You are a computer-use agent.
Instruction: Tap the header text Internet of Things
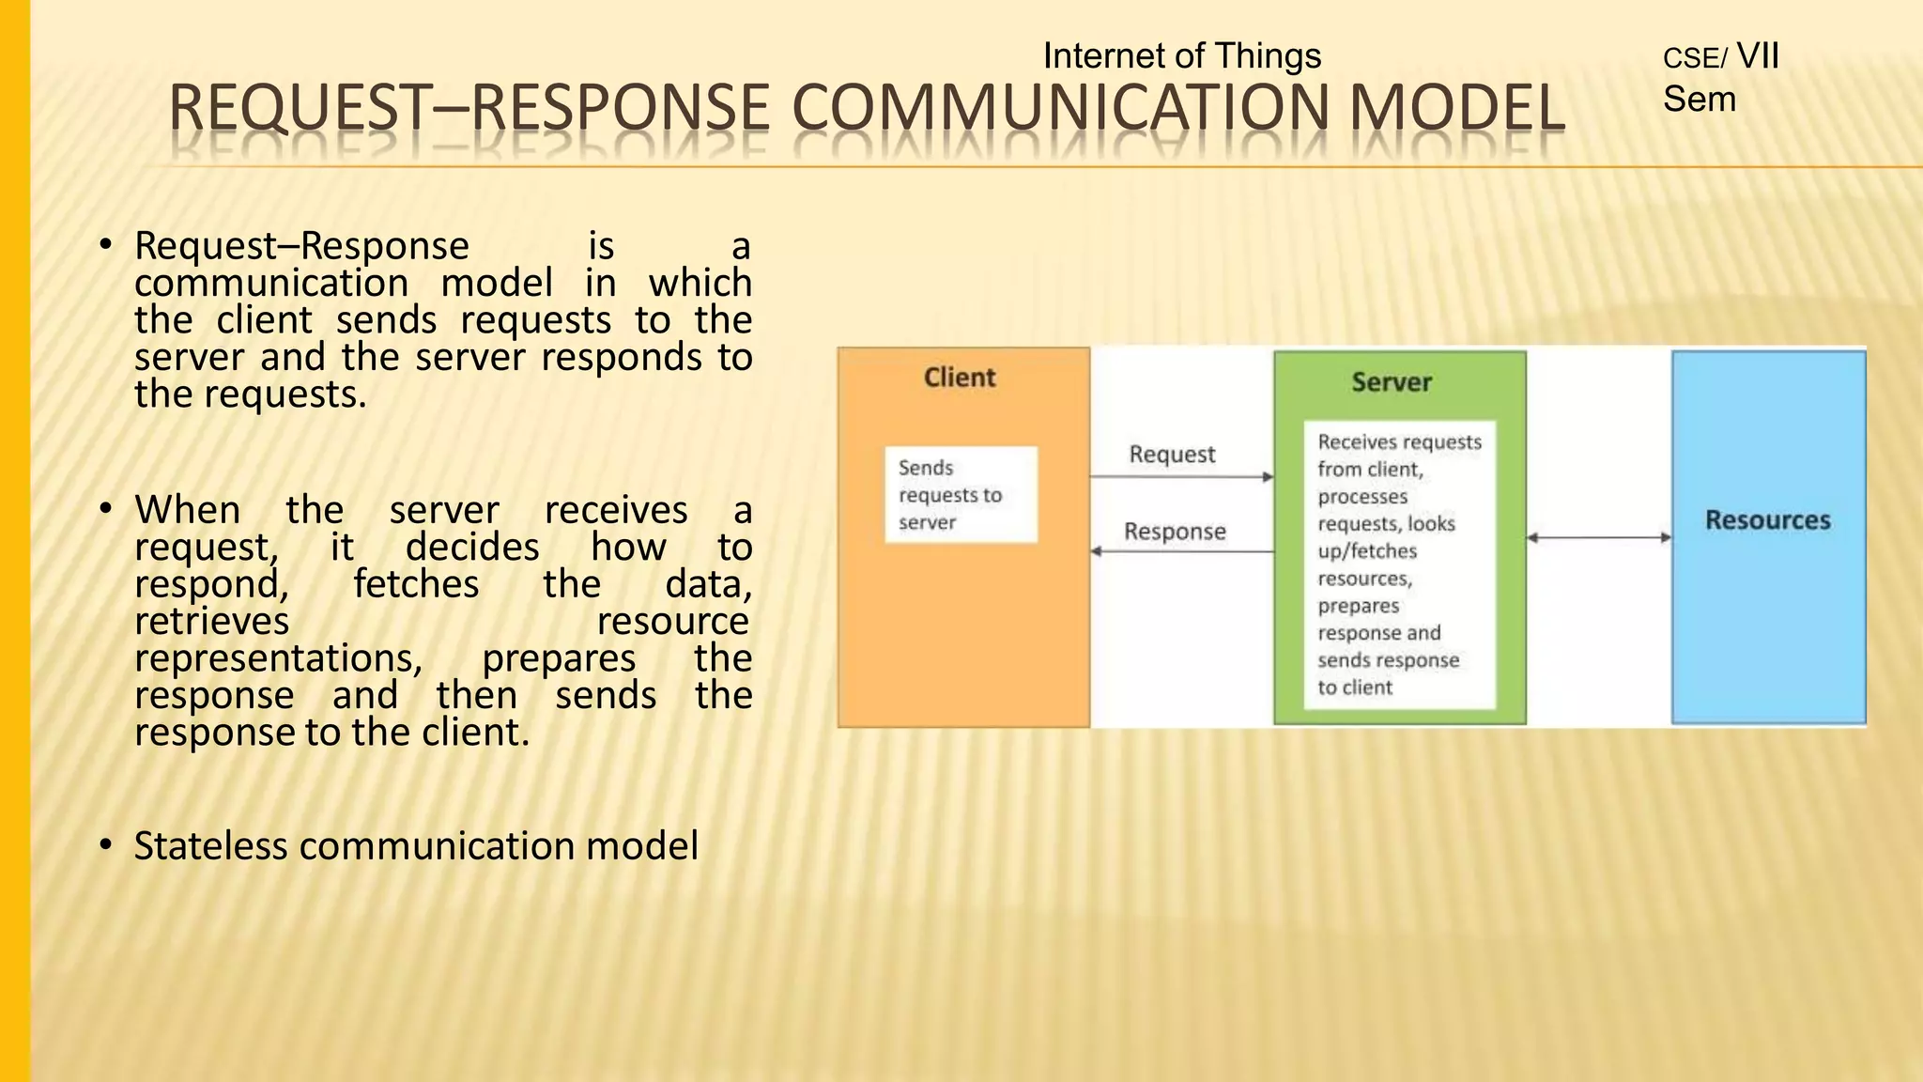1181,56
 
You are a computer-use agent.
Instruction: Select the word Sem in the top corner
1699,100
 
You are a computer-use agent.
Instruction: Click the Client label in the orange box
959,378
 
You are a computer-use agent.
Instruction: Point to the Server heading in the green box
1392,382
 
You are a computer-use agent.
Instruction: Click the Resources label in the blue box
1767,520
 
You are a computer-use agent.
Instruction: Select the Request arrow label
1172,455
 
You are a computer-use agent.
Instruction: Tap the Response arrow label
1175,532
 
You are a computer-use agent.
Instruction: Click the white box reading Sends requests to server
961,495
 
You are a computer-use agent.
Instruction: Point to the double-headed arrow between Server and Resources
1599,538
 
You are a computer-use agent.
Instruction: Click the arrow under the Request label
1181,477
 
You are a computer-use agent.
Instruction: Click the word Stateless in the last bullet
210,846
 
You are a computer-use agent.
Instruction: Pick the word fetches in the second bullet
416,585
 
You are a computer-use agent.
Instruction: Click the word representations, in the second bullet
279,658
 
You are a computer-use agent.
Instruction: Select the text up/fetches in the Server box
1366,551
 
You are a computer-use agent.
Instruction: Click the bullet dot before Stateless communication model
106,845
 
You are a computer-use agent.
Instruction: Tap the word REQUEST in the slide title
299,108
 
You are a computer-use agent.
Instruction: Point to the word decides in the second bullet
471,548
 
